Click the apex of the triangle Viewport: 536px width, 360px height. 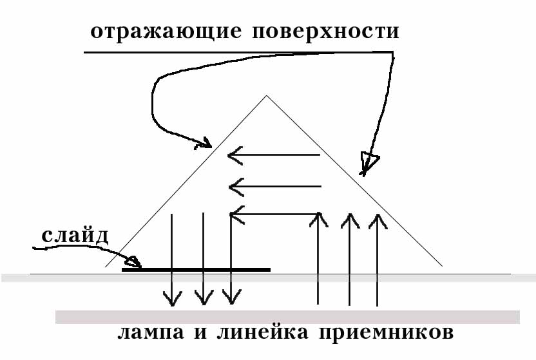265,96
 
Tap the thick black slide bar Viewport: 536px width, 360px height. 196,269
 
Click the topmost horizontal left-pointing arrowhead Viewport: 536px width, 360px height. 235,155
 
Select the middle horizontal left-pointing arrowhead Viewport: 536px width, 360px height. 236,187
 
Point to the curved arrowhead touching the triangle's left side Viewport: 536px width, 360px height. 204,142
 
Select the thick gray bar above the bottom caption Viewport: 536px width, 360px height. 287,317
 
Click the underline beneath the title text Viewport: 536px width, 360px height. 238,52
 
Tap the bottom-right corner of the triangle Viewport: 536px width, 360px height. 443,266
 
